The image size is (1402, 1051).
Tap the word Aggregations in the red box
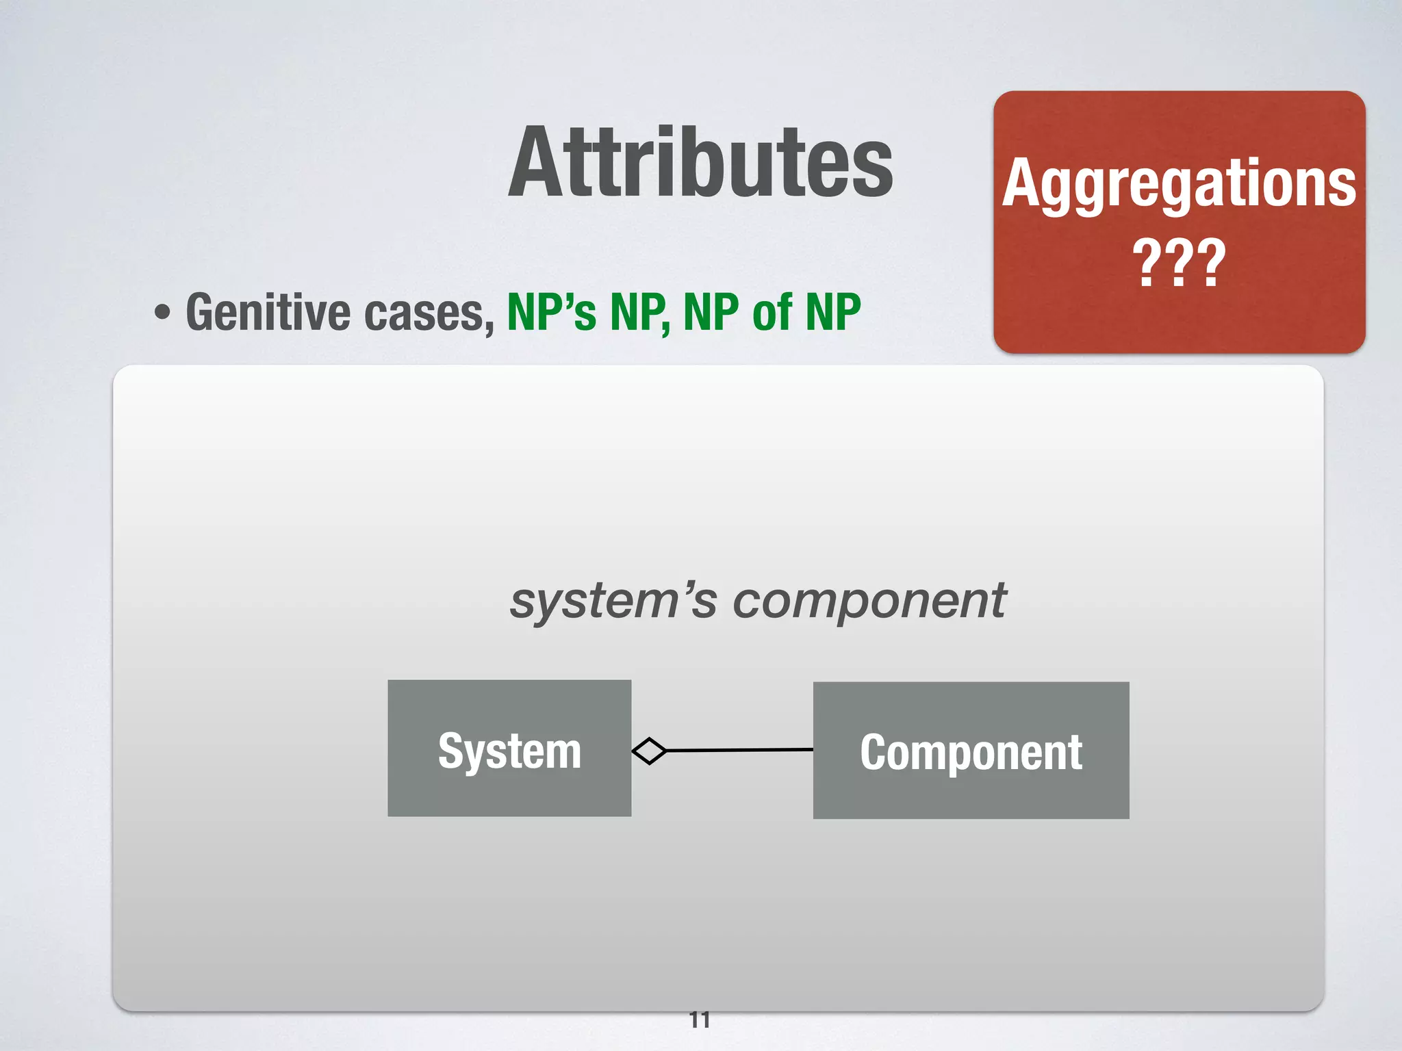(x=1179, y=183)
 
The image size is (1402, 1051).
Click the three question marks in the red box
(x=1179, y=263)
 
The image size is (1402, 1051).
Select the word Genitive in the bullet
(x=267, y=313)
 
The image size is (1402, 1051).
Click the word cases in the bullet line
(x=429, y=313)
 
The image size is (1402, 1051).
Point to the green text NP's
(x=551, y=313)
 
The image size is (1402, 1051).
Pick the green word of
(x=772, y=313)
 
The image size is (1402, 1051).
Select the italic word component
(x=869, y=601)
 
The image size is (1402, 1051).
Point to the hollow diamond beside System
(x=649, y=751)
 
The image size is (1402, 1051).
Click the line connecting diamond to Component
(x=739, y=751)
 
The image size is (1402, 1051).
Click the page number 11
(x=700, y=1020)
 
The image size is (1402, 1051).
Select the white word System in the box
(x=509, y=751)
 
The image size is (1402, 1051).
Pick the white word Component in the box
(x=971, y=753)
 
